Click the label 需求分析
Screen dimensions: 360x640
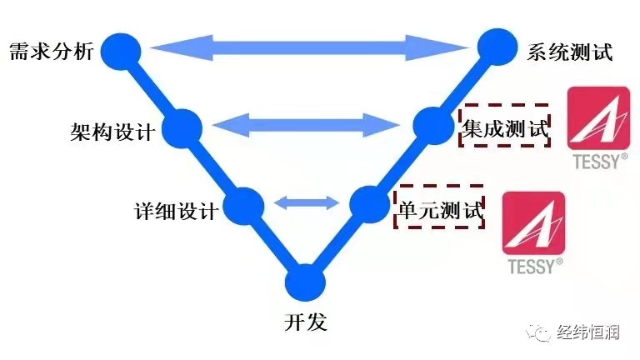[x=47, y=51]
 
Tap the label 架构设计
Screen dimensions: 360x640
[x=112, y=131]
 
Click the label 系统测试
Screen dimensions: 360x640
[x=570, y=52]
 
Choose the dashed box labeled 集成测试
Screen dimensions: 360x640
[x=506, y=126]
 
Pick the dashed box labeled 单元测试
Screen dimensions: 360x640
[x=437, y=206]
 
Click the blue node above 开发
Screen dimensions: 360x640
[x=305, y=282]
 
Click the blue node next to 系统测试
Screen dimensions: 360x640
[x=496, y=47]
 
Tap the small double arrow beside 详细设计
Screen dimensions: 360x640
[x=306, y=202]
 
